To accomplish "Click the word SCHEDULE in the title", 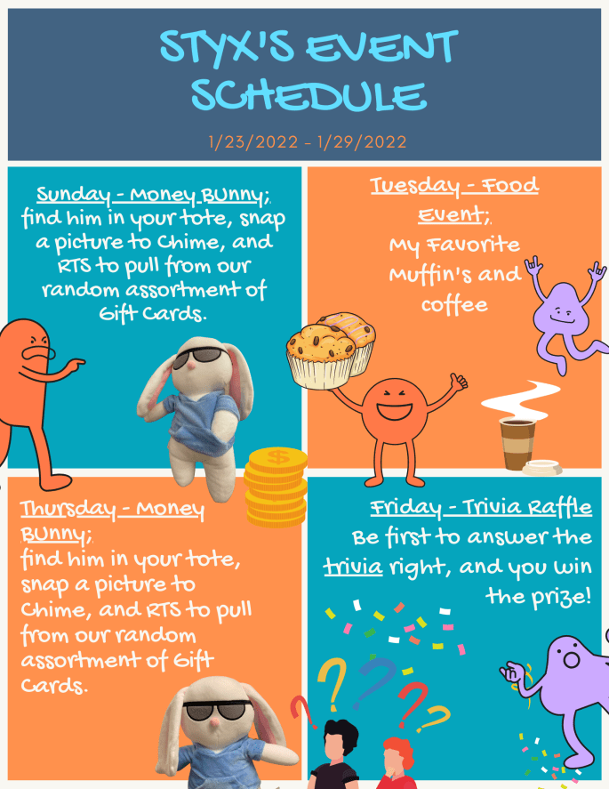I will click(308, 95).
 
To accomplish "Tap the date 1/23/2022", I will click(250, 141).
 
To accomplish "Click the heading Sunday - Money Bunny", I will click(148, 195).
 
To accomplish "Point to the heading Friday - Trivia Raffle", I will click(481, 508).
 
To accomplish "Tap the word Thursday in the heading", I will click(68, 510).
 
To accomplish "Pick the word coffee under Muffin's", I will click(453, 305).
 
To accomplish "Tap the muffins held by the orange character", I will click(331, 350).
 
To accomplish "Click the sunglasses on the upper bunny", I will click(198, 359).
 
